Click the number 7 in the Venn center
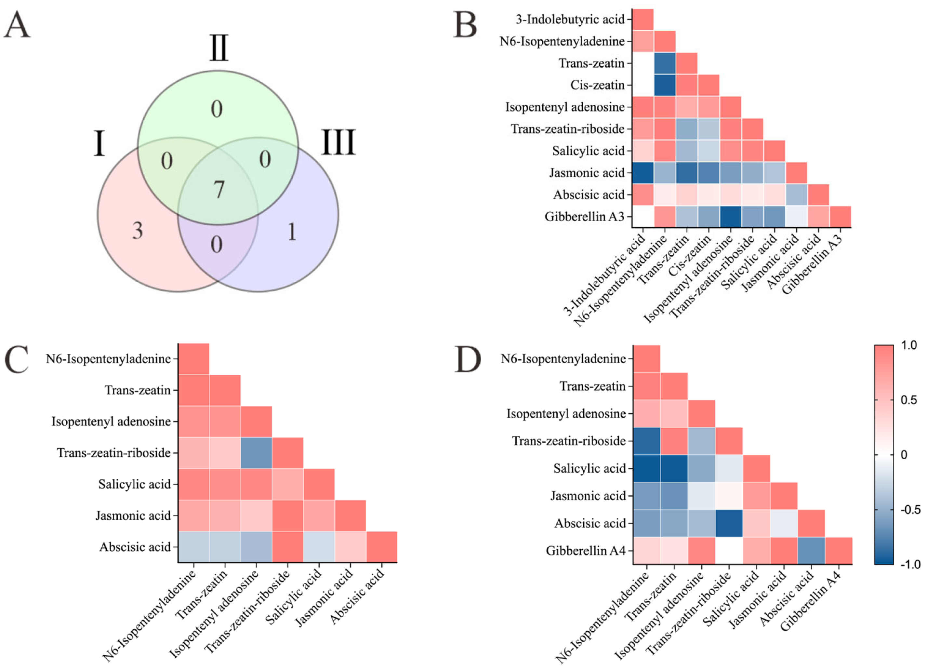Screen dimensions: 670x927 click(x=219, y=190)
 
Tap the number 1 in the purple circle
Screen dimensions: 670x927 click(x=292, y=232)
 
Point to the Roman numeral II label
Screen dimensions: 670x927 click(x=219, y=48)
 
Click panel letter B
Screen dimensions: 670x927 click(x=465, y=25)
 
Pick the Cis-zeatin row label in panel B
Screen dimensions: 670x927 click(x=597, y=85)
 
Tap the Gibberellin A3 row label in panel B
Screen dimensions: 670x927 click(x=585, y=216)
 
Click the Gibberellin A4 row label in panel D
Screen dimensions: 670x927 click(x=586, y=551)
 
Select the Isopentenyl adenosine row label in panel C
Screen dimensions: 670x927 click(x=111, y=421)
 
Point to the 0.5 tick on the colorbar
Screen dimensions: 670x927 click(x=908, y=400)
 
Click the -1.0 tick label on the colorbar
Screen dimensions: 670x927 click(x=910, y=565)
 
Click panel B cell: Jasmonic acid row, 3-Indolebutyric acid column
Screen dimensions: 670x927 click(x=642, y=173)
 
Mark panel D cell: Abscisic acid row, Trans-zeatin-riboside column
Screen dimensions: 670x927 click(x=729, y=523)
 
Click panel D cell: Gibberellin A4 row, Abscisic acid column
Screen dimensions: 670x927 click(x=811, y=551)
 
